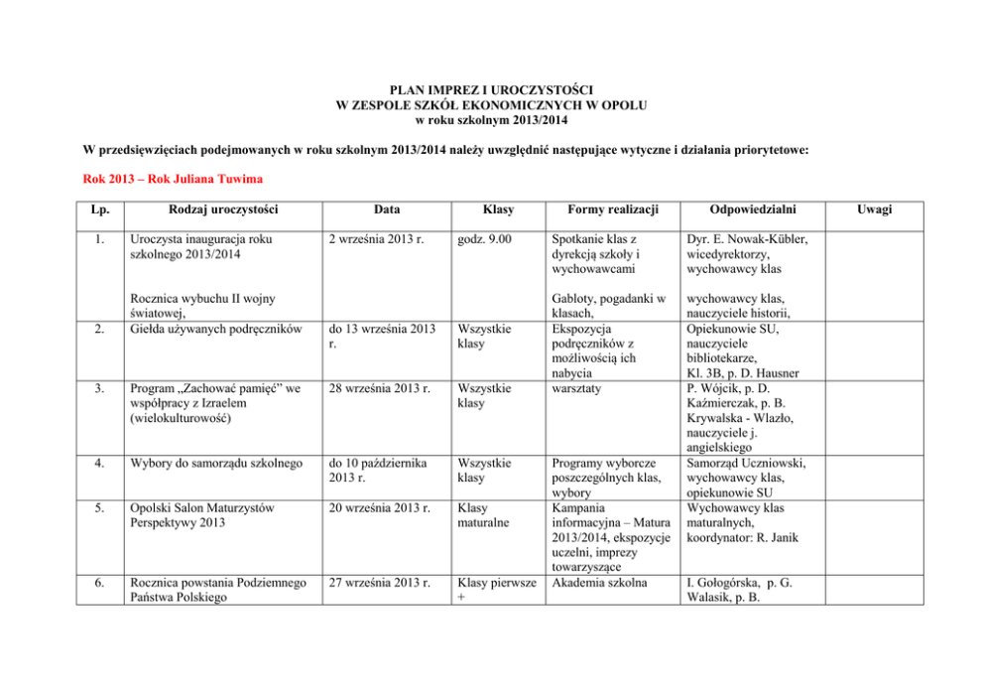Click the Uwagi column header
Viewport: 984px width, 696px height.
point(876,209)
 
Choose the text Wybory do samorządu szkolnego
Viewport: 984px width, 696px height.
point(211,462)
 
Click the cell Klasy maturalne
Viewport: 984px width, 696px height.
point(482,515)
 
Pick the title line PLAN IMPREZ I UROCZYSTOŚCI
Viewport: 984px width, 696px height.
point(491,89)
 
